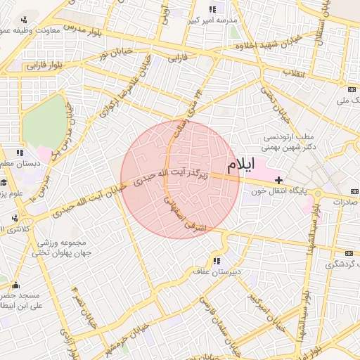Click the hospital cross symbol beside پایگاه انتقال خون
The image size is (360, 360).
(x=278, y=181)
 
